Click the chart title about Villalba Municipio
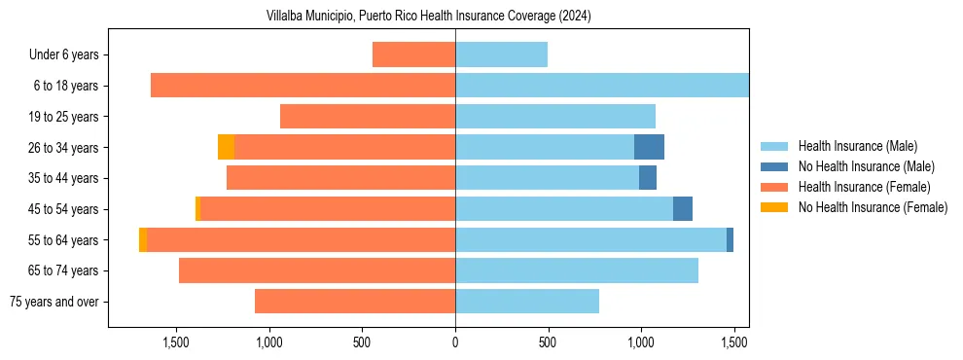point(428,17)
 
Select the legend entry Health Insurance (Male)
point(857,146)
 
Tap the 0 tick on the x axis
point(455,342)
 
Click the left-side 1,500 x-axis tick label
point(175,342)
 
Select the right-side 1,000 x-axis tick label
point(641,342)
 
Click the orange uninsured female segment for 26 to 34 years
point(226,147)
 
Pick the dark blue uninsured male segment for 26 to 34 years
point(649,147)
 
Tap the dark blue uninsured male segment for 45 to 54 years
point(683,209)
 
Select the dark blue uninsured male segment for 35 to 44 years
point(648,178)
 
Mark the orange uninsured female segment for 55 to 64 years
point(143,239)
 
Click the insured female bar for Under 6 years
point(413,54)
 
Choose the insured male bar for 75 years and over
point(527,302)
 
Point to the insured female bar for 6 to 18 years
point(303,86)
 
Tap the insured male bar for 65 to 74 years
point(577,270)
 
